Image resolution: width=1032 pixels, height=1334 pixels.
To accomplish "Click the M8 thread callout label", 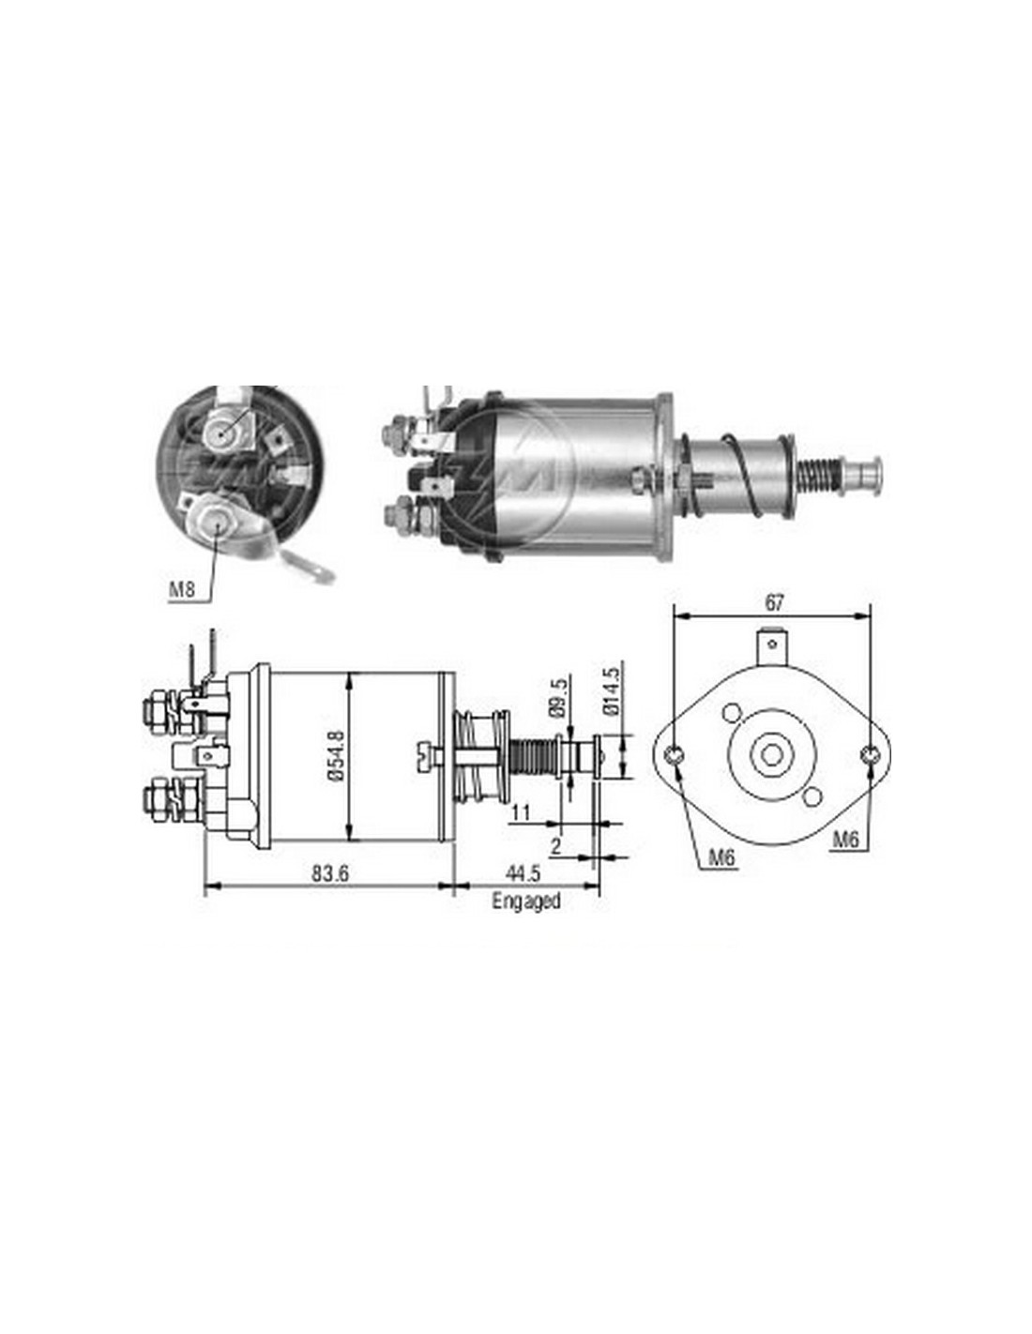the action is coord(182,591).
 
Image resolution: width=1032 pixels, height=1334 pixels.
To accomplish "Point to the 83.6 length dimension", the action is coord(329,874).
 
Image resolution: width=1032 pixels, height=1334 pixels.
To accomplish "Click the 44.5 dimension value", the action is coord(524,874).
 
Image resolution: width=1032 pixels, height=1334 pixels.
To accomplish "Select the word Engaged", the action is coord(526,902).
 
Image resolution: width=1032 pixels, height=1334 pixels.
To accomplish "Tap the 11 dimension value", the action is coord(521,813).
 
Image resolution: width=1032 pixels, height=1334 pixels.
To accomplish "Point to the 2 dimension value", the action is coord(556,846).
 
